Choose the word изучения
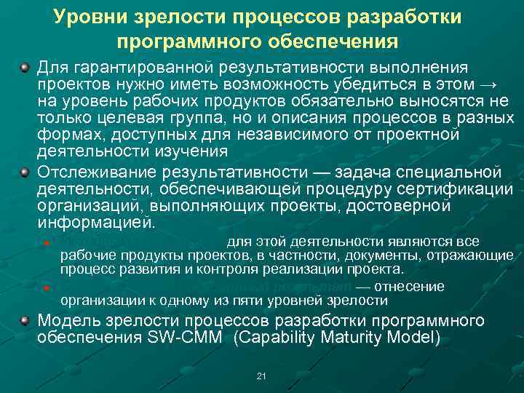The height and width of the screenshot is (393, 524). point(191,151)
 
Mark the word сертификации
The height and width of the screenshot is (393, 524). point(448,188)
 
